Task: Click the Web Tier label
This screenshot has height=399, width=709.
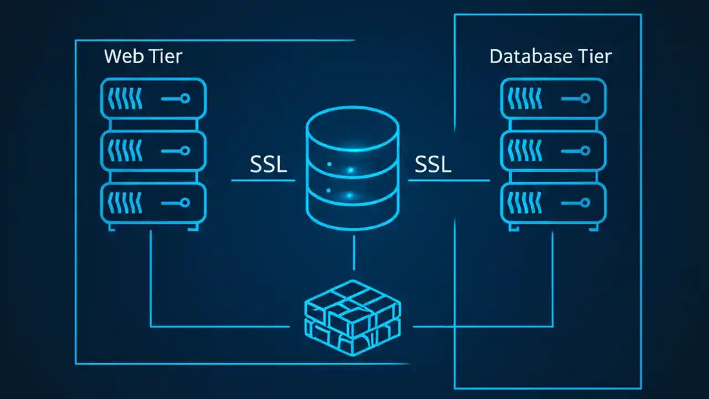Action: click(143, 57)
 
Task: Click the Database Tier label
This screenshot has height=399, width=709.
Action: click(551, 57)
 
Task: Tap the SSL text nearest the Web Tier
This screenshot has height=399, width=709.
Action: click(269, 164)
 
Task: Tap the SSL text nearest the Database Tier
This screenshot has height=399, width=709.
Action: click(433, 164)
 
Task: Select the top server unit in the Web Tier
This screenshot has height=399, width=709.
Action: click(153, 98)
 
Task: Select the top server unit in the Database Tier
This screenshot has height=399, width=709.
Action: click(553, 98)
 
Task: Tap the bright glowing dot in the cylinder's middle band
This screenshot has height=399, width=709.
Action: click(350, 170)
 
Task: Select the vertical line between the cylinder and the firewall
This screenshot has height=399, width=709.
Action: click(354, 253)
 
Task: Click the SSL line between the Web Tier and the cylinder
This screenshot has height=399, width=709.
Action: click(263, 180)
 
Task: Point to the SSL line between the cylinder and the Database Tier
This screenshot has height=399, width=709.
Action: click(449, 180)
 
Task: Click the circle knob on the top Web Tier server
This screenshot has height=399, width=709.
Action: click(185, 98)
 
